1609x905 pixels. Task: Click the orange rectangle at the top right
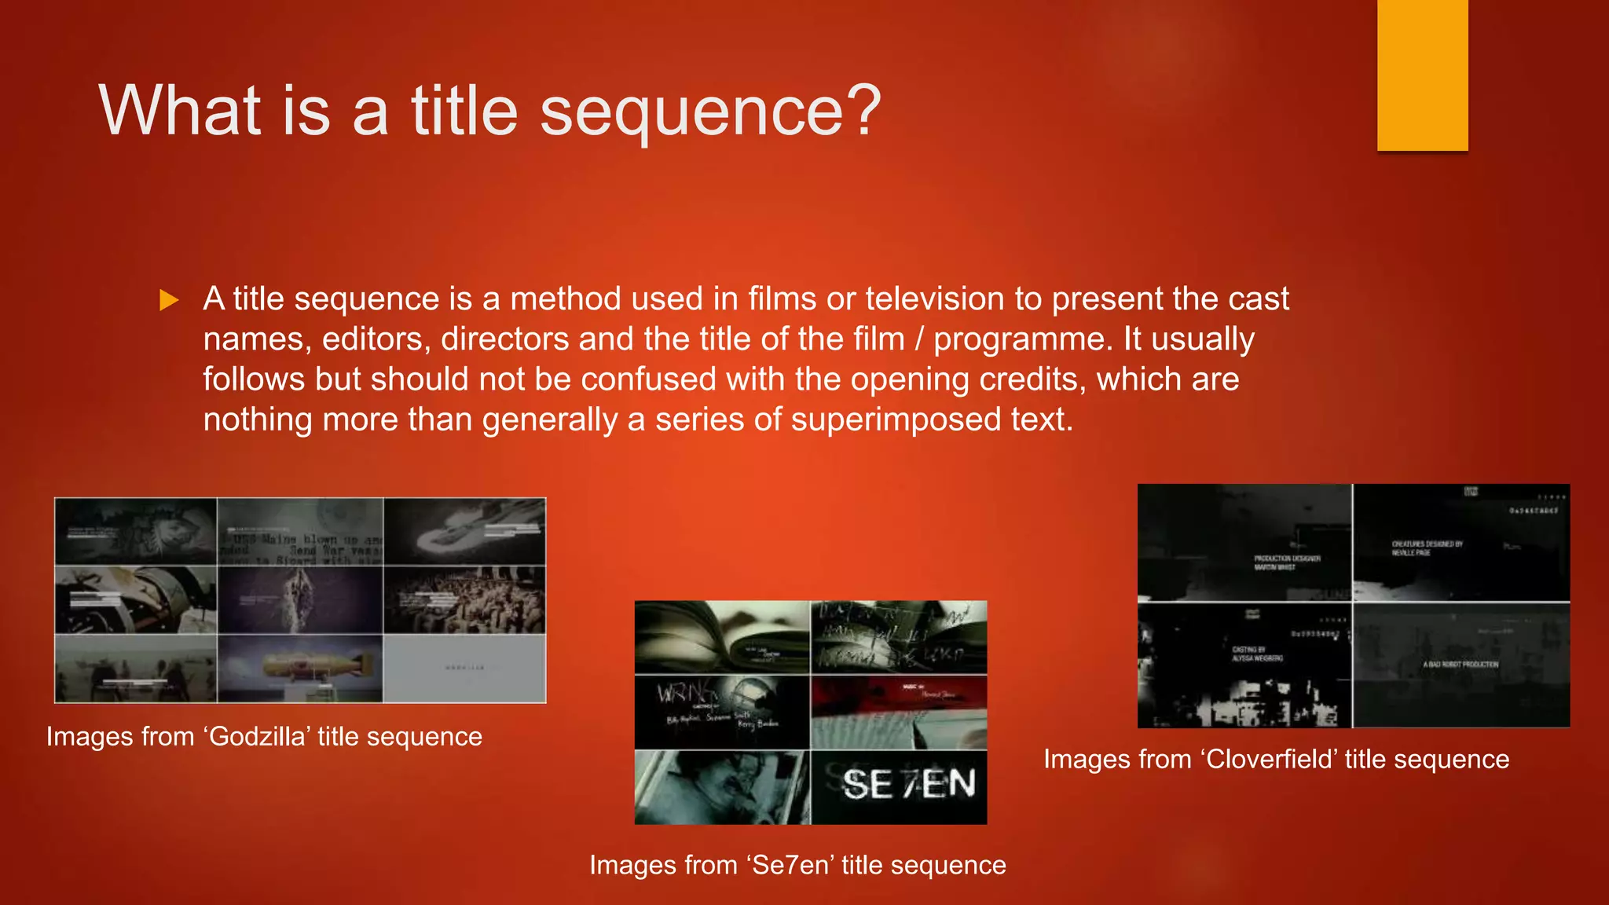(x=1422, y=75)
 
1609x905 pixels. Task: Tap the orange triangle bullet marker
(x=169, y=300)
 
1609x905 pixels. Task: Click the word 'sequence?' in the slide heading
(x=710, y=112)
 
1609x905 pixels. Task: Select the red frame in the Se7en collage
(x=899, y=712)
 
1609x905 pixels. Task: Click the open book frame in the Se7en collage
(x=721, y=637)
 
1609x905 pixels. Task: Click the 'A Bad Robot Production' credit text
(x=1461, y=665)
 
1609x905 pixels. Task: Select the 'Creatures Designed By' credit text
(x=1427, y=548)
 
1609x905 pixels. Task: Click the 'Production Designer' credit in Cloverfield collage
(x=1287, y=562)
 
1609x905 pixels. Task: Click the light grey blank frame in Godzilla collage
(x=464, y=669)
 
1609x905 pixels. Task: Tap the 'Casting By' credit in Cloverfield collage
(x=1257, y=654)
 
